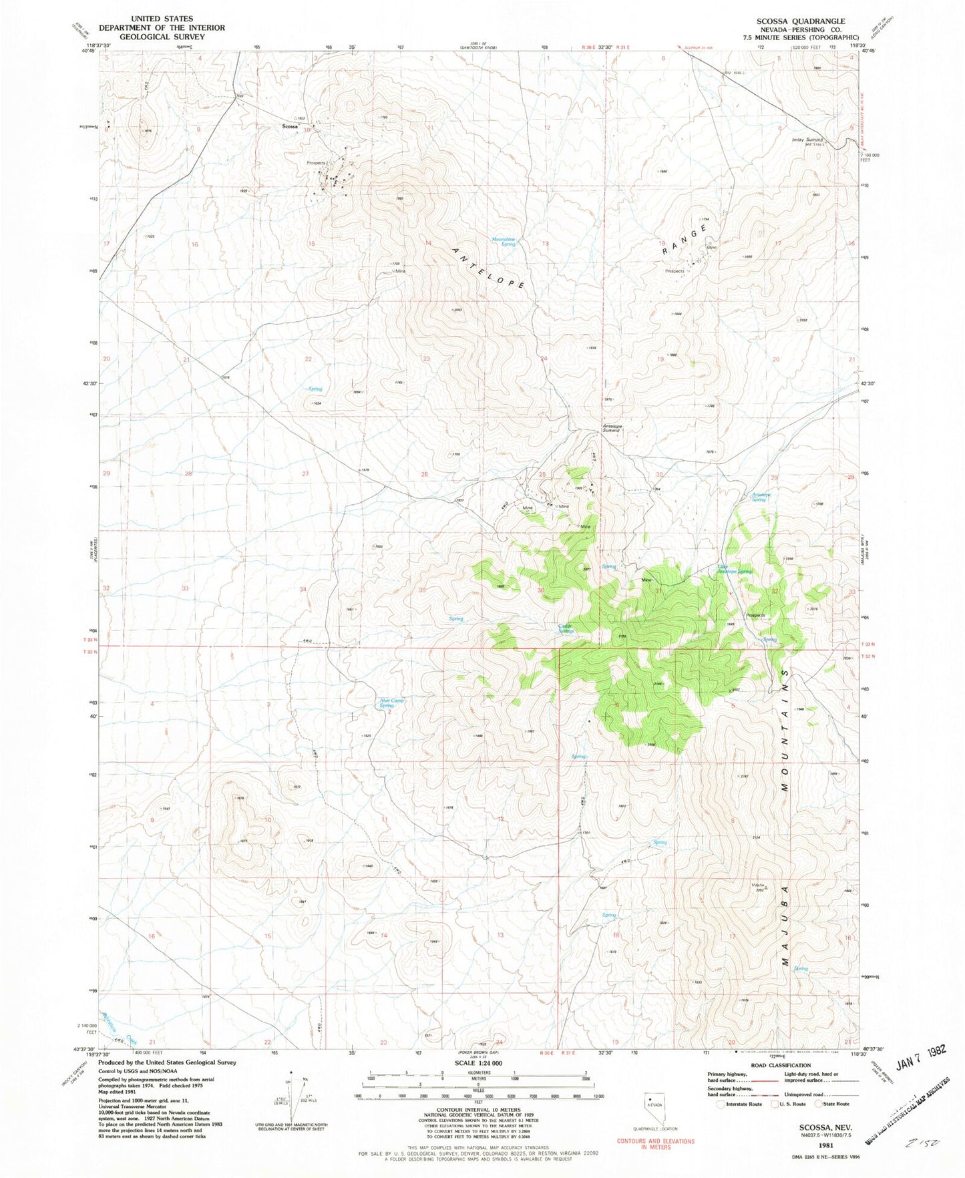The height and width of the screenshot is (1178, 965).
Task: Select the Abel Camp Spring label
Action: tap(392, 703)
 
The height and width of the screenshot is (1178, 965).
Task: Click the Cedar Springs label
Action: tap(566, 628)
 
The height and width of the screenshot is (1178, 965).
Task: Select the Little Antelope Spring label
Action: tap(735, 570)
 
